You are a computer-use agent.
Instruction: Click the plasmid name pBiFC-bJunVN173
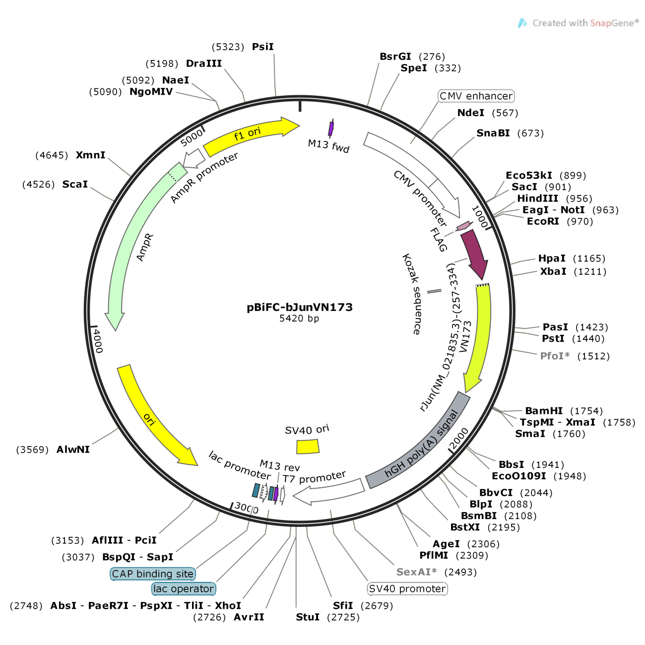point(300,307)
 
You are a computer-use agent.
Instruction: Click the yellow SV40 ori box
point(308,447)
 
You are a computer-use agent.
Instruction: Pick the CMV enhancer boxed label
point(476,96)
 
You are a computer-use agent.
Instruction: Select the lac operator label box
point(184,589)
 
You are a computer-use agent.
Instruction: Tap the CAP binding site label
point(153,574)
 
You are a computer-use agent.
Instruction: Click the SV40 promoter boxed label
point(407,589)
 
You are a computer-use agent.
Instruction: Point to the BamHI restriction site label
point(544,411)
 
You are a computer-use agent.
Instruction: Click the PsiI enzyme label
point(263,47)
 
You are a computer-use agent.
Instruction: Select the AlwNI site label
point(73,450)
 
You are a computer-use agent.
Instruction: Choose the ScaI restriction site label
point(75,185)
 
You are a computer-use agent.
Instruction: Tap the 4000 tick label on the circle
point(98,341)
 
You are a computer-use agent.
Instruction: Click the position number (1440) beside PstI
point(588,339)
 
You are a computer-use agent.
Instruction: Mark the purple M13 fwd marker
point(331,129)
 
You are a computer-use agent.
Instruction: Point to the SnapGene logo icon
point(522,23)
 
